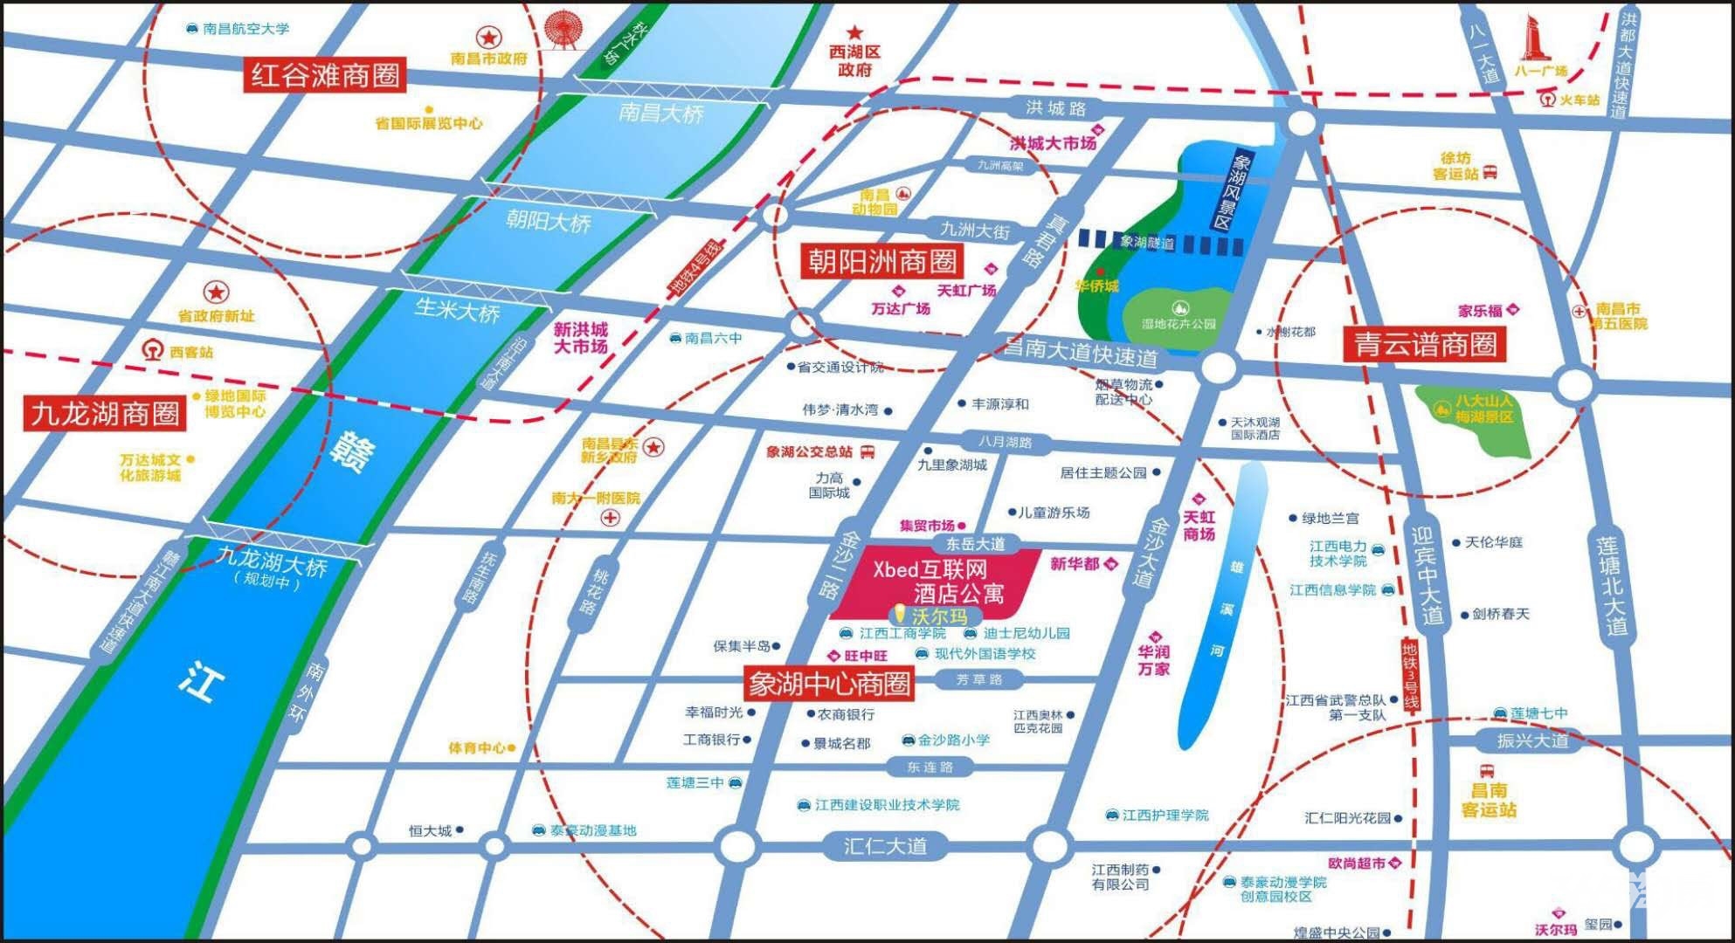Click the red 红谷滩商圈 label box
tap(325, 75)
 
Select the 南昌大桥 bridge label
tap(660, 114)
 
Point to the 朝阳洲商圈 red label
tap(881, 261)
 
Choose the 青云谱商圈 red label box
tap(1426, 344)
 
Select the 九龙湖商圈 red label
tap(106, 413)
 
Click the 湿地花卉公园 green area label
tap(1179, 323)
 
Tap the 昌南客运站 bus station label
tap(1489, 800)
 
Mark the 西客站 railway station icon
tap(154, 351)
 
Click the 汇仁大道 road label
tap(885, 845)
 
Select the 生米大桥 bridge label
tap(457, 311)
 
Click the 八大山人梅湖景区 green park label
tap(1483, 409)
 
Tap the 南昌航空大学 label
tap(245, 29)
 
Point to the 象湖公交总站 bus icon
tap(867, 451)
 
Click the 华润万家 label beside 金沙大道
tap(1153, 660)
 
